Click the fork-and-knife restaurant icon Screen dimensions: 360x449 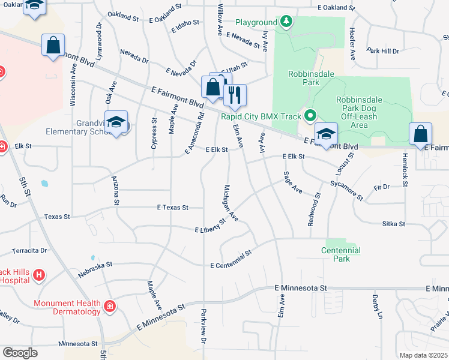pos(235,94)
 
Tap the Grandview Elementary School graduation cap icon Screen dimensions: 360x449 pos(116,122)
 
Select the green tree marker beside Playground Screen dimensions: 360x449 pos(286,23)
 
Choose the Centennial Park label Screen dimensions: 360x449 pos(340,254)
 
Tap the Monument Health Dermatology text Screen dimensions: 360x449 pos(67,307)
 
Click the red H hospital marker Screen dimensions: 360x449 pos(39,275)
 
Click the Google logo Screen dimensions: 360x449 pos(20,352)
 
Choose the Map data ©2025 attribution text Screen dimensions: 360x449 pos(423,355)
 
